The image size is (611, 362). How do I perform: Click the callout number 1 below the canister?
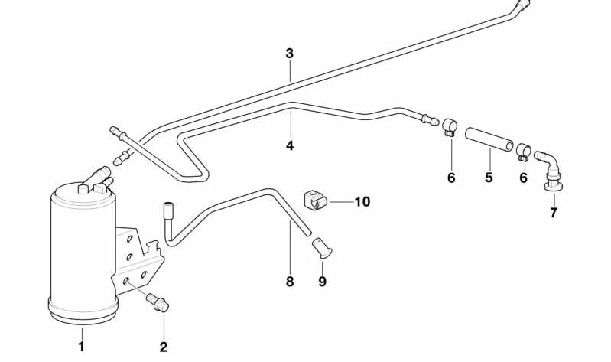pos(81,347)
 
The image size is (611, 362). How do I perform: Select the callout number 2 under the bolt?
pos(163,347)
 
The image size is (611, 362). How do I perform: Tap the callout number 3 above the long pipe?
pos(289,54)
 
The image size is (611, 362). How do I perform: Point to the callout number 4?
pos(290,145)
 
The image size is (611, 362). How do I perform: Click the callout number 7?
pos(554,212)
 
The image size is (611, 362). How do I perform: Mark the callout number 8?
pos(289,282)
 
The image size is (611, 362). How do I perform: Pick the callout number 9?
pos(322,282)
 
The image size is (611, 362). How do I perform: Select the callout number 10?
pos(362,202)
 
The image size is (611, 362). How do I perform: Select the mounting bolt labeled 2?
pos(158,301)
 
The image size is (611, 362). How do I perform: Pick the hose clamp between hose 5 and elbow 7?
pos(523,151)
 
